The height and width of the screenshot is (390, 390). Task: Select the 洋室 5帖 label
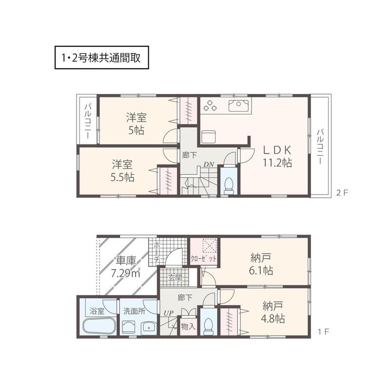pyautogui.click(x=137, y=124)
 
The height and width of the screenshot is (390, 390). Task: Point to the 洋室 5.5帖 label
pyautogui.click(x=122, y=171)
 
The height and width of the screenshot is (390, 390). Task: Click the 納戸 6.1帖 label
pyautogui.click(x=260, y=263)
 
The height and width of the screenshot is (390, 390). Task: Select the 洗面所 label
pyautogui.click(x=134, y=311)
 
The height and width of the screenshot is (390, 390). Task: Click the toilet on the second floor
pyautogui.click(x=228, y=184)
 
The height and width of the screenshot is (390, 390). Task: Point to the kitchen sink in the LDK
pyautogui.click(x=239, y=105)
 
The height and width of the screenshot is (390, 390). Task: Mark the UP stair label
pyautogui.click(x=169, y=312)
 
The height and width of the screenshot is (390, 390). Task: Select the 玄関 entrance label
pyautogui.click(x=175, y=278)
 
